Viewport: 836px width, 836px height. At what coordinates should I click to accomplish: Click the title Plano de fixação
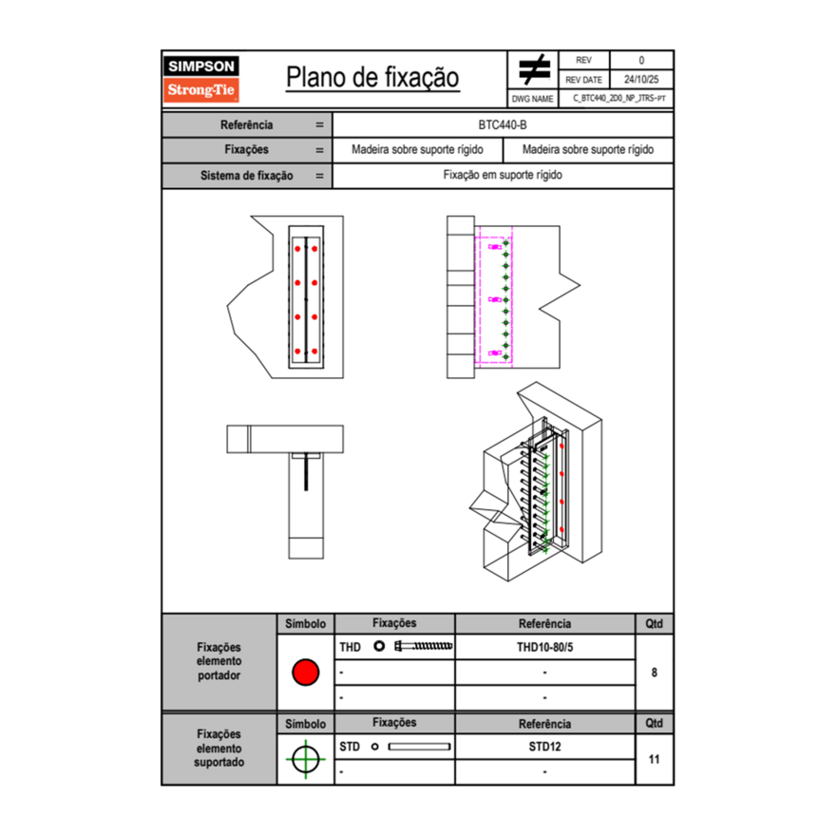[x=372, y=78]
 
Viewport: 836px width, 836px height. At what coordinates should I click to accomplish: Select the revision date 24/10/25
[x=641, y=80]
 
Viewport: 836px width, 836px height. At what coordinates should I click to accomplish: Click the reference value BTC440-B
[x=503, y=124]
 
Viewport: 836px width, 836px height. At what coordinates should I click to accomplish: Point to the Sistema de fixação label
[x=246, y=176]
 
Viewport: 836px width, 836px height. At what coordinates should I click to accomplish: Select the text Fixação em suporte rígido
[x=503, y=176]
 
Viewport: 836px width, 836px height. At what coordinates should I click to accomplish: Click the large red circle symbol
[x=305, y=673]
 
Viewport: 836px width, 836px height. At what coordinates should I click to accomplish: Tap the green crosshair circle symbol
[x=305, y=759]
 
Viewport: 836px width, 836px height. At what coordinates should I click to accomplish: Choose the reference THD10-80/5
[x=544, y=647]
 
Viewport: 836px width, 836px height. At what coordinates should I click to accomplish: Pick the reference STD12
[x=544, y=747]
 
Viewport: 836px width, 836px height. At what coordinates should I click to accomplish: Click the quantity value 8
[x=655, y=673]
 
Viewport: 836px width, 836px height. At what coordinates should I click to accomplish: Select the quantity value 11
[x=655, y=759]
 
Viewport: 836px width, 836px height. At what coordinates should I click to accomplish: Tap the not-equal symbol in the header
[x=534, y=70]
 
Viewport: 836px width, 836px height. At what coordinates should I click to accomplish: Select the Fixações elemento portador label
[x=218, y=661]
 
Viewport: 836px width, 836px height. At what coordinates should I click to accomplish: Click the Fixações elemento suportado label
[x=218, y=748]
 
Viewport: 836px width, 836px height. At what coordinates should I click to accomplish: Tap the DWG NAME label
[x=533, y=98]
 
